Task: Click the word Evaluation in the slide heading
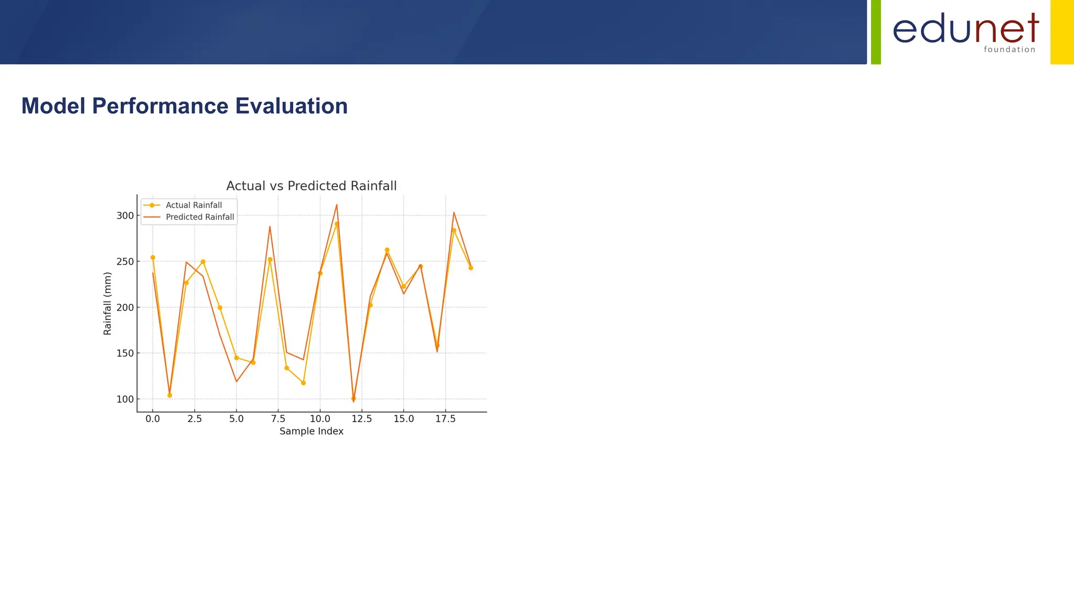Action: click(291, 106)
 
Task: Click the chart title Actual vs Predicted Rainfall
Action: click(311, 186)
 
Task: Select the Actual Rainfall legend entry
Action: click(194, 206)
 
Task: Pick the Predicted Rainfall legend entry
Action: click(199, 217)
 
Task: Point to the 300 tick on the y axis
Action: click(125, 215)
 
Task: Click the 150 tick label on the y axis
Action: click(125, 353)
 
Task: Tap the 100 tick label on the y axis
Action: click(125, 399)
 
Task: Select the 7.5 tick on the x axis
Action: click(278, 419)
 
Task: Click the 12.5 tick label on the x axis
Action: click(361, 419)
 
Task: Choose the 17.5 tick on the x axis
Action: click(445, 419)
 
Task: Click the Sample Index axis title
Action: click(311, 432)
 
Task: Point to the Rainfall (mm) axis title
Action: click(108, 304)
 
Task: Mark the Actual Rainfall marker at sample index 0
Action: click(153, 257)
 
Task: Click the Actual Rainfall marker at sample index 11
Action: click(337, 224)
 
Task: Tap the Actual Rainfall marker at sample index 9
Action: click(303, 383)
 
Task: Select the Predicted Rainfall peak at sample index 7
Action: click(270, 226)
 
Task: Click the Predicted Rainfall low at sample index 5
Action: click(236, 381)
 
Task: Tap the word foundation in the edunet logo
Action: click(1009, 50)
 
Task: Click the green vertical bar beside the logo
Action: click(875, 32)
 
